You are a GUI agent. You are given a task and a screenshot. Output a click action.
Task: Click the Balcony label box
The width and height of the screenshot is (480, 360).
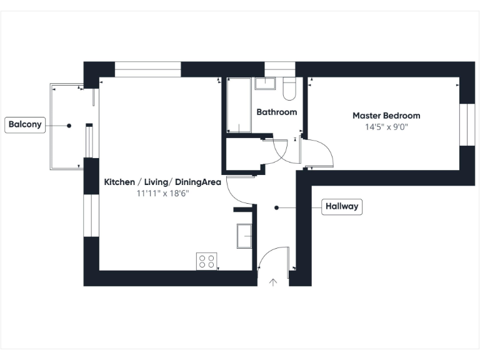[x=25, y=124]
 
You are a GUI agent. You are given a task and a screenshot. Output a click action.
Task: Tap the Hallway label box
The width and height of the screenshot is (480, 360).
[x=342, y=207]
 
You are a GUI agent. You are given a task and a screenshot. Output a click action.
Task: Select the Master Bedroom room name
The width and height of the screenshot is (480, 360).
[x=386, y=116]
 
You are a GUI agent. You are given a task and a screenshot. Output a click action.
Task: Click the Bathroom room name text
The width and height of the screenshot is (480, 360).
[x=276, y=112]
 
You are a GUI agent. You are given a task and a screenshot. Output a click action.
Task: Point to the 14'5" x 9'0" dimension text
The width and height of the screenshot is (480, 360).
[x=386, y=127]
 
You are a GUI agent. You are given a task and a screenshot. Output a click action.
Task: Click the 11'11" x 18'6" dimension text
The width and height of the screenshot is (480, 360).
[x=162, y=193]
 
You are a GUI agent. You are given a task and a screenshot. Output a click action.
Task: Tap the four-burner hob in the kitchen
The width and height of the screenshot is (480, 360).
[x=207, y=261]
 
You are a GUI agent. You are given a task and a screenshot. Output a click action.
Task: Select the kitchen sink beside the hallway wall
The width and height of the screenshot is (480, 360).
[x=244, y=236]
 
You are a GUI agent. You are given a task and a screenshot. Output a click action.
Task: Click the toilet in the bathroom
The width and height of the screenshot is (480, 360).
[x=289, y=89]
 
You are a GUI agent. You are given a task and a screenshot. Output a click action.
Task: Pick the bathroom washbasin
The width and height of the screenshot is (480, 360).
[x=266, y=84]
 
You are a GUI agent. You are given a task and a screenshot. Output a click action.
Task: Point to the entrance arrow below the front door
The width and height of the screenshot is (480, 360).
[x=272, y=282]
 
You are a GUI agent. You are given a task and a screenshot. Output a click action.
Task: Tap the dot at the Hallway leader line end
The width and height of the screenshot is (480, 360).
[x=276, y=207]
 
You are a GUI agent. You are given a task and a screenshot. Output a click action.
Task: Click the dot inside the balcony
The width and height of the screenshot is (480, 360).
[x=69, y=125]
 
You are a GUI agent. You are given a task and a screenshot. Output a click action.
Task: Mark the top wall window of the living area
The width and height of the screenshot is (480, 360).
[x=148, y=69]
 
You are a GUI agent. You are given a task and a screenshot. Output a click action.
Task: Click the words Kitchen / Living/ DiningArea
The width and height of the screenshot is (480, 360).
[x=162, y=182]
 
